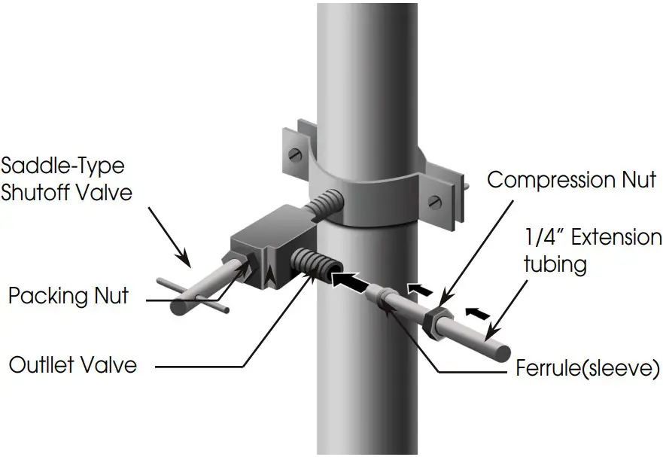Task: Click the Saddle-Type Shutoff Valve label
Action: click(67, 178)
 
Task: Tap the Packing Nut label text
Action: click(68, 295)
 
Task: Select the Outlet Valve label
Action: click(73, 365)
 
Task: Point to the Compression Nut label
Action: click(572, 180)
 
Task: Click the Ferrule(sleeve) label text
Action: click(588, 370)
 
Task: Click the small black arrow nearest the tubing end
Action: click(473, 310)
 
